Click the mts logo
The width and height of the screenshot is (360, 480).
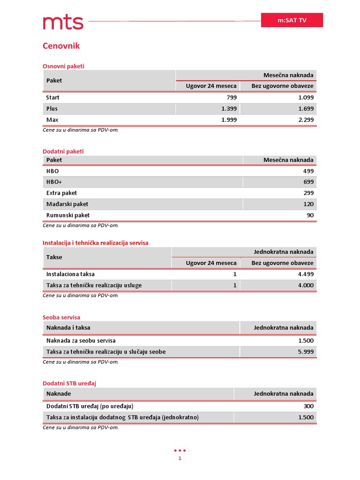[x=63, y=22]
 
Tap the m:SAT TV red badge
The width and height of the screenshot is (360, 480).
[x=292, y=21]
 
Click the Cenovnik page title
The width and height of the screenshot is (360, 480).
[x=61, y=46]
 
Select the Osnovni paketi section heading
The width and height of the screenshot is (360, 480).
[x=63, y=66]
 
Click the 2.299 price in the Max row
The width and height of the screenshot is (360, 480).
[x=306, y=120]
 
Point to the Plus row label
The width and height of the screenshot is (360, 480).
[x=52, y=109]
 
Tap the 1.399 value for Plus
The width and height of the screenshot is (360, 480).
[x=229, y=109]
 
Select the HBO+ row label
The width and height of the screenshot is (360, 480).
[x=54, y=182]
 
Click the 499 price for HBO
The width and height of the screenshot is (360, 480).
[x=308, y=171]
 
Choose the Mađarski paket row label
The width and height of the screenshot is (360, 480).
[x=67, y=204]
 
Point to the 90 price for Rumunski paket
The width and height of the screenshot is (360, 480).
[x=310, y=215]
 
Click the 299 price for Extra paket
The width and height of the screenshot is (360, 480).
[x=308, y=193]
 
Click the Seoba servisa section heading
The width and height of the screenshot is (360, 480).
[x=61, y=317]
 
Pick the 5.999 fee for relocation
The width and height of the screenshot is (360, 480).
[x=306, y=352]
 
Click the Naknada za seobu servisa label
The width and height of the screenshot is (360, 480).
[x=81, y=340]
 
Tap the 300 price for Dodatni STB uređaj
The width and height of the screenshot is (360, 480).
[x=308, y=406]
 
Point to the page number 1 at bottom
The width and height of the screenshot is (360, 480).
[x=180, y=458]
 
